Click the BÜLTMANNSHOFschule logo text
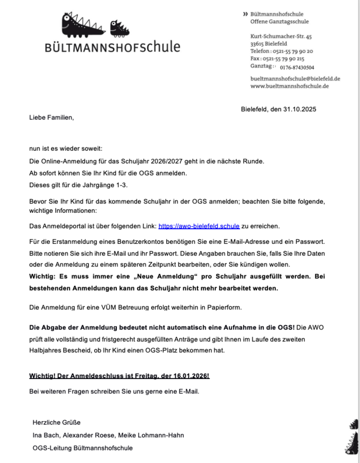pos(113,47)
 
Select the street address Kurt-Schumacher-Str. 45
pos(281,36)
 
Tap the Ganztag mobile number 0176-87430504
pos(297,68)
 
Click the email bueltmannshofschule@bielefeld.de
pos(295,78)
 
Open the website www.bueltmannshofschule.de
pos(289,86)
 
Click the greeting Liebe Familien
pos(52,118)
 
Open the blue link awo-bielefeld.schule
pos(199,226)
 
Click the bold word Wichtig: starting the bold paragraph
pos(43,276)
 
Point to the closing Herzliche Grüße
pos(57,423)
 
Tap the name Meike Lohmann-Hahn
pos(155,435)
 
